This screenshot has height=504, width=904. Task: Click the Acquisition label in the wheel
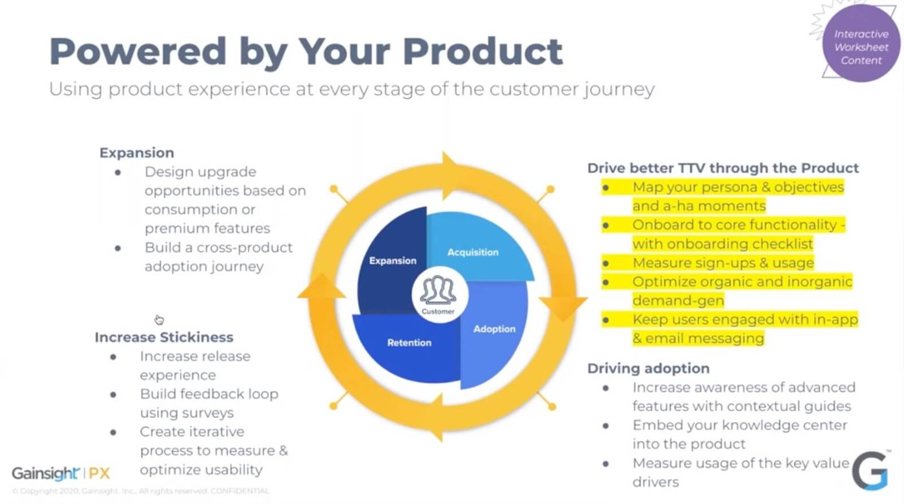coord(473,252)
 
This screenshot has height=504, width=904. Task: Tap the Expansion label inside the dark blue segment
coord(393,260)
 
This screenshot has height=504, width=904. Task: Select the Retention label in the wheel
coord(409,342)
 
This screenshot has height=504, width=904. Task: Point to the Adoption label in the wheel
coord(494,329)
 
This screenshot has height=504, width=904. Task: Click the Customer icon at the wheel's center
coord(438,294)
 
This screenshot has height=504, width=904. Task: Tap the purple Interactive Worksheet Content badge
coord(861,47)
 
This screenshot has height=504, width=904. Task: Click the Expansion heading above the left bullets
coord(137,153)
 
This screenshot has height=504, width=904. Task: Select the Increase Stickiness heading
coord(164,337)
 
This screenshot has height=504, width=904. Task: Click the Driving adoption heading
coord(648,368)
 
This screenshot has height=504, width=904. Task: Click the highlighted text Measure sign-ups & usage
coord(723,263)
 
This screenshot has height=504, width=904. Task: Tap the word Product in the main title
coord(483,51)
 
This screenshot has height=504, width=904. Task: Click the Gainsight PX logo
coord(61,473)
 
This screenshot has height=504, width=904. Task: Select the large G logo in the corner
coord(870,470)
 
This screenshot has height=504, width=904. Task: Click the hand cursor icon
coord(159,320)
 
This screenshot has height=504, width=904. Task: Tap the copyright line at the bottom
coord(141,491)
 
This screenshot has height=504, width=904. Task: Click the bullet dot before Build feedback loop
coord(114,394)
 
